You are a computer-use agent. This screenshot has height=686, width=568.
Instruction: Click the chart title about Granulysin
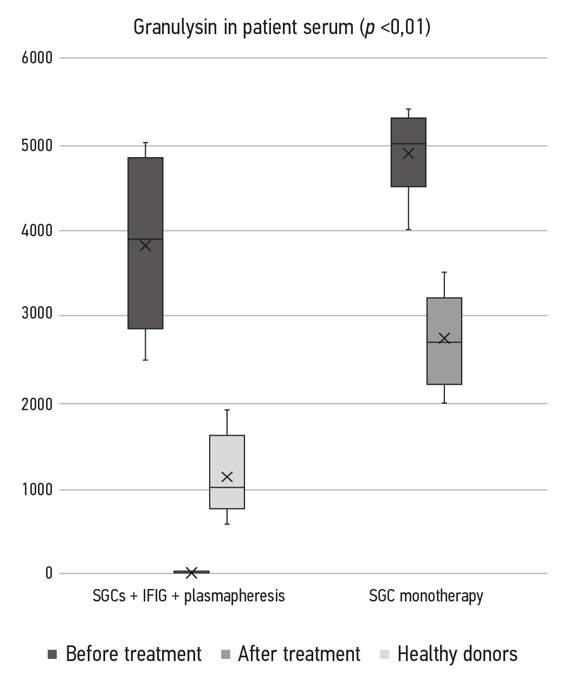tap(282, 27)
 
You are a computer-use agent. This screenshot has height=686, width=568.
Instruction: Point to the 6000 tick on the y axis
tap(37, 57)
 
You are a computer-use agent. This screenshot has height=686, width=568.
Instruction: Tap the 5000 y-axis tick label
tap(37, 146)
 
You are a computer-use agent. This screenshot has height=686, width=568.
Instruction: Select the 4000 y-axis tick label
tap(37, 231)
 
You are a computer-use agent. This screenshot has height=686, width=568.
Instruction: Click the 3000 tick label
tap(37, 315)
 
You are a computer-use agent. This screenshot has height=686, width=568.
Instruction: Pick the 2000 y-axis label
tap(37, 404)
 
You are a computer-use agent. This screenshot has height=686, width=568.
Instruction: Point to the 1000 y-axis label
tap(37, 490)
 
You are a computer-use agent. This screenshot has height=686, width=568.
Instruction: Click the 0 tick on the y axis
tap(49, 573)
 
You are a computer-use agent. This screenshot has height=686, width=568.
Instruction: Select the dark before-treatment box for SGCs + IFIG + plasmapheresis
tap(145, 282)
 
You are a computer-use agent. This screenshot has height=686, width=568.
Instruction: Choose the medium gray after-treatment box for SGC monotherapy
tap(444, 363)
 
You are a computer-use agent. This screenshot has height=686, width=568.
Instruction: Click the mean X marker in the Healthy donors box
tap(227, 477)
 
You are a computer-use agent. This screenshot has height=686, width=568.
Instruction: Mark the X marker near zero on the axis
tap(191, 572)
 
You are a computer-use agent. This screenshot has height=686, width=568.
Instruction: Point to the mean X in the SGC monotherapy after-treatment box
tap(444, 338)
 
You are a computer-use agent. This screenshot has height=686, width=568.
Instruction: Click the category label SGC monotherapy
tap(426, 596)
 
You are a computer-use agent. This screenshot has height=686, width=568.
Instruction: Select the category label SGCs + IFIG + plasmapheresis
tap(189, 596)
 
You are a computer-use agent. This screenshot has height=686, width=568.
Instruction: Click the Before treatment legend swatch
tap(53, 655)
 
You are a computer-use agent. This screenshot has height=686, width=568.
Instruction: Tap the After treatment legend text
tap(299, 655)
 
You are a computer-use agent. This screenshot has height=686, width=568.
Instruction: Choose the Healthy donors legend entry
tap(457, 655)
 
